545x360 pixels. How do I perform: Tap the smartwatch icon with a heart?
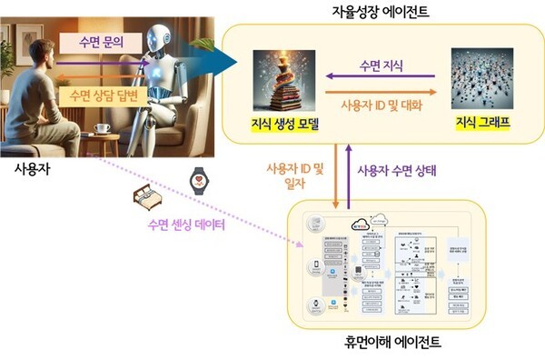[x=199, y=178]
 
